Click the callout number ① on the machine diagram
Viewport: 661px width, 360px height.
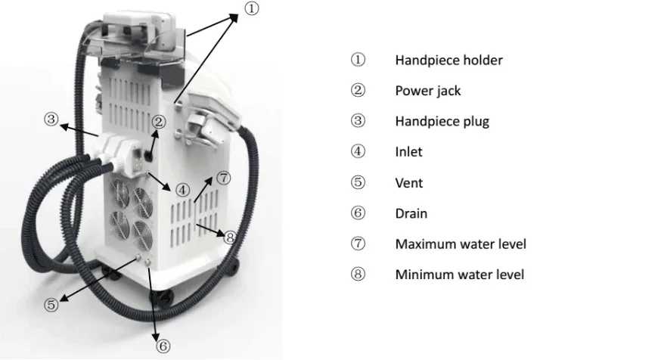pos(252,8)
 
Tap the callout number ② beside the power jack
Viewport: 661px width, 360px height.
pos(158,122)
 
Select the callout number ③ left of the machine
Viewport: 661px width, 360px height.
pos(51,119)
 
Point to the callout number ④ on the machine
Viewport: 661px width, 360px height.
pos(182,189)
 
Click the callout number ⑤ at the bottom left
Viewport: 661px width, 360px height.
pos(51,306)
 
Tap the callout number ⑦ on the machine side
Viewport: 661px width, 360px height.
pos(222,178)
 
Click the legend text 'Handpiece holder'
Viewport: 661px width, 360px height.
pos(448,60)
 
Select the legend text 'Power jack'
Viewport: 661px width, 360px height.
pos(427,91)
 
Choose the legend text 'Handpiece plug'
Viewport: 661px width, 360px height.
pos(442,121)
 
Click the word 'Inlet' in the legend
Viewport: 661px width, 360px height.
pos(408,152)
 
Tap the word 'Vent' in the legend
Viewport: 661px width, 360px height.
pos(408,183)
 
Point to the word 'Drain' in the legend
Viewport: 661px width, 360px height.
pos(411,213)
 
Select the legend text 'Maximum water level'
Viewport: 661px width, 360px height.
pos(460,244)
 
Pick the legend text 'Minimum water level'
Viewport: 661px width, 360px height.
pos(459,275)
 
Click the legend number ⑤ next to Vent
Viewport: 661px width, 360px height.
pos(358,183)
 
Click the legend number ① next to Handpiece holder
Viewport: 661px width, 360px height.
pos(358,60)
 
